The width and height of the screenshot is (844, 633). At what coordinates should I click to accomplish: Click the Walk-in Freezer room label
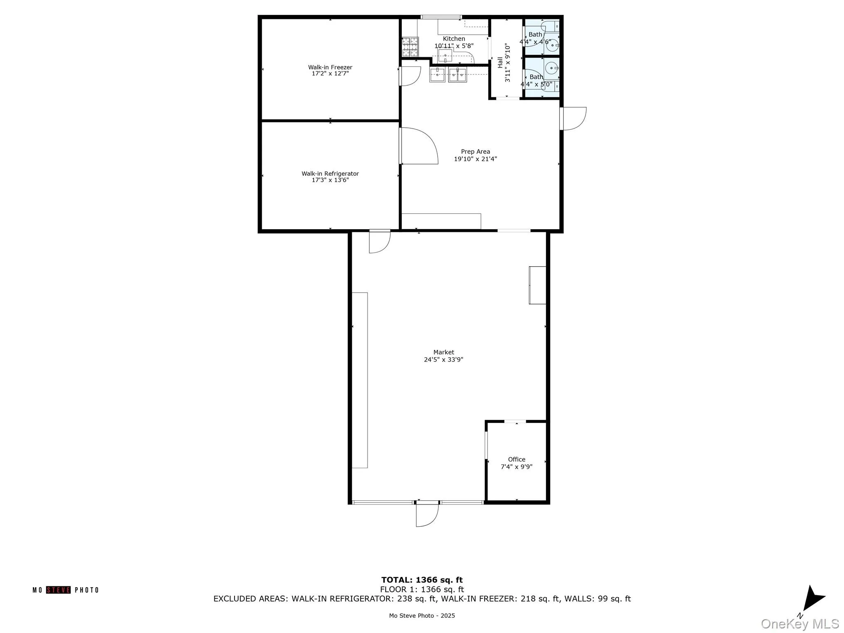coord(330,67)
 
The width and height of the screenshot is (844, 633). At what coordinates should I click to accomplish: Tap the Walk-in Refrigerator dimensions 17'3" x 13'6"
coord(330,180)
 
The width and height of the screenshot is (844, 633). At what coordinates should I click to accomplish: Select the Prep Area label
coord(475,152)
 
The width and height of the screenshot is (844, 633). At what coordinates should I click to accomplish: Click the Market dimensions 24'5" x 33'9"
coord(443,359)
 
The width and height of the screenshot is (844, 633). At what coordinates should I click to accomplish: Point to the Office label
coord(516,459)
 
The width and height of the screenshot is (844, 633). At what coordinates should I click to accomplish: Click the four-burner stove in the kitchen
coord(410,47)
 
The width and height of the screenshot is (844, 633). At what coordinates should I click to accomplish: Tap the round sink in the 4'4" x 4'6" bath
coord(552,46)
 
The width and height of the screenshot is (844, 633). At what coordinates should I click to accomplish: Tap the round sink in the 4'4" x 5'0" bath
coord(551,67)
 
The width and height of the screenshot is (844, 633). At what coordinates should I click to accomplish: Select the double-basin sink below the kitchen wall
coord(457,75)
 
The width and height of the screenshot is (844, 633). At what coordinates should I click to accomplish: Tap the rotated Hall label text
coord(500,63)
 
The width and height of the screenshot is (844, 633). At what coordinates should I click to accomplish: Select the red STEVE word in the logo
coord(58,590)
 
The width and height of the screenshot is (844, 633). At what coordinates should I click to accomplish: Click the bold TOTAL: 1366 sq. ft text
coord(422,580)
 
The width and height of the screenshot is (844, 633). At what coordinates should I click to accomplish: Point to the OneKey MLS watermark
coord(799,624)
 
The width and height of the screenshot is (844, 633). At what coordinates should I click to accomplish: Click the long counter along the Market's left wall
coord(359,380)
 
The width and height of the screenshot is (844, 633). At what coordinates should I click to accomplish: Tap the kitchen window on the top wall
coord(441,17)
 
